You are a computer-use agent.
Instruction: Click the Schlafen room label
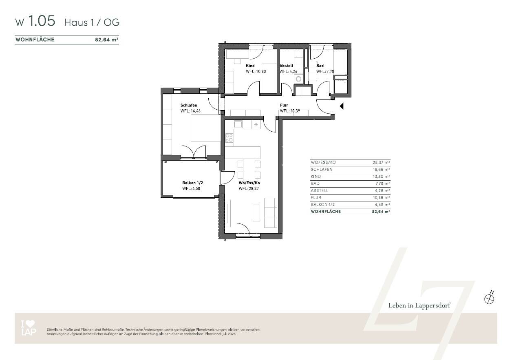[189, 106]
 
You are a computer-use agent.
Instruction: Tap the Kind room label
[250, 66]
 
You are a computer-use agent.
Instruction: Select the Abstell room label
[286, 66]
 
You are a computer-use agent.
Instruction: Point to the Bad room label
[320, 66]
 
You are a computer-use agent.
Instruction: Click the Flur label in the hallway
[284, 106]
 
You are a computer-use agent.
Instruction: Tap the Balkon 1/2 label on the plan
[192, 183]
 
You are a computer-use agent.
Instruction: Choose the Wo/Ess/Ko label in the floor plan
[249, 183]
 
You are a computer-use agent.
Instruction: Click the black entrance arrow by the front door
[342, 106]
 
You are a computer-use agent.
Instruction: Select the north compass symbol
[489, 298]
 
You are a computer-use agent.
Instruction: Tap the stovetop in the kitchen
[229, 138]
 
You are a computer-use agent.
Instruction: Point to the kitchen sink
[238, 124]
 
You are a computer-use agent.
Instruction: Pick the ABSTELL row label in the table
[320, 190]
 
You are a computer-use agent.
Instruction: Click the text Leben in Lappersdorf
[419, 305]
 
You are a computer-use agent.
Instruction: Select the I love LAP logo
[28, 328]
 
